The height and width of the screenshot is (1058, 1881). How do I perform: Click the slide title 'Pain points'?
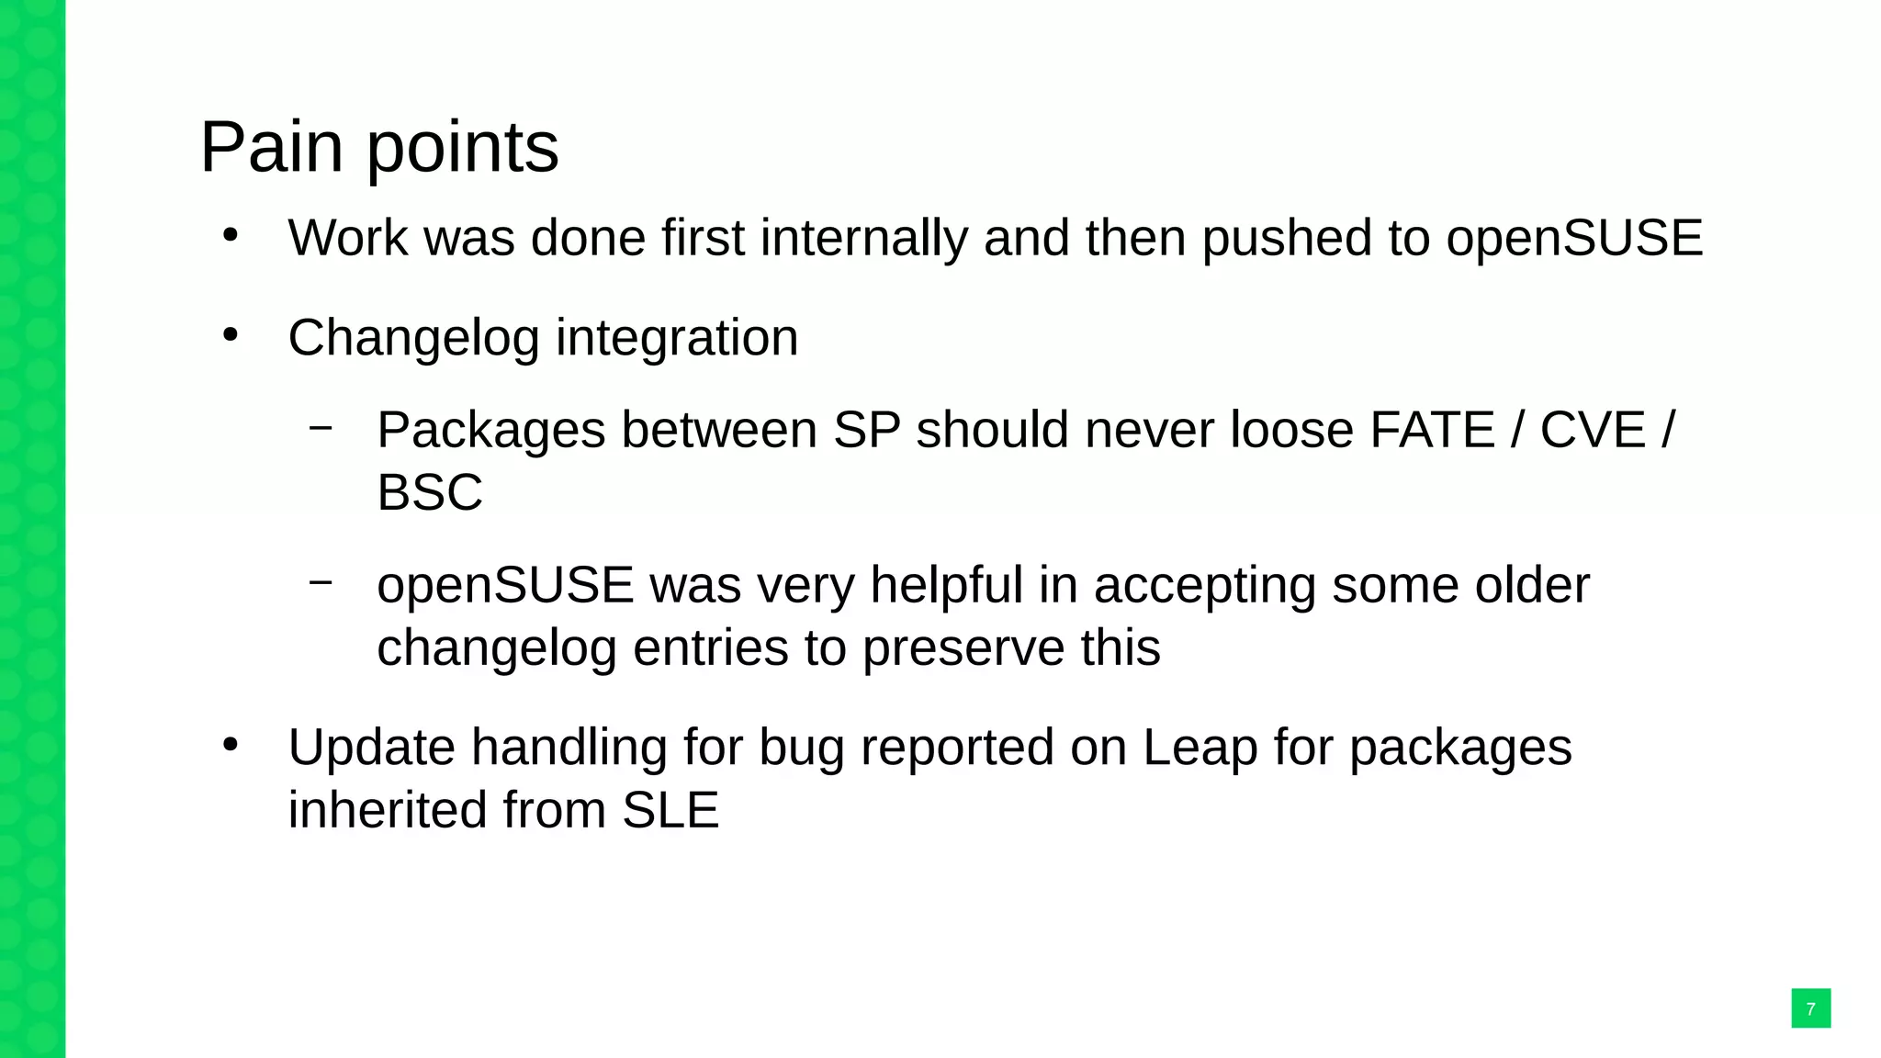(378, 147)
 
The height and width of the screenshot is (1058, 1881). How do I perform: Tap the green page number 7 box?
(1810, 1008)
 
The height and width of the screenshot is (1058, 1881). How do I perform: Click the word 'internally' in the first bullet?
(863, 238)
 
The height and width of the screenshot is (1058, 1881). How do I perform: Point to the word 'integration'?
(677, 338)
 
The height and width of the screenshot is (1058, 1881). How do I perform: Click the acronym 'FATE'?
(1432, 430)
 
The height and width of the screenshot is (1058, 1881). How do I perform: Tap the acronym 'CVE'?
(1592, 430)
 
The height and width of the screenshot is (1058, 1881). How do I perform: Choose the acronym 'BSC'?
(429, 492)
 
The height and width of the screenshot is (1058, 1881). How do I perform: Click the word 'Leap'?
(1200, 748)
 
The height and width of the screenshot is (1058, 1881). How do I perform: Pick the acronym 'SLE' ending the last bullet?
(670, 810)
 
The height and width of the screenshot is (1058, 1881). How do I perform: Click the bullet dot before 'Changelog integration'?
(231, 335)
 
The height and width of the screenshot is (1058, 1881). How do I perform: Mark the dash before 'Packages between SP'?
(321, 427)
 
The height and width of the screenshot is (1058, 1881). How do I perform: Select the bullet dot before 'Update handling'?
(231, 745)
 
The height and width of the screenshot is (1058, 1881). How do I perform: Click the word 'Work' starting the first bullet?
(347, 238)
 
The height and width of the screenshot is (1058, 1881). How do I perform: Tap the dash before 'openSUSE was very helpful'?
(321, 582)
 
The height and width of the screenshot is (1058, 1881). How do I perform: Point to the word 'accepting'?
(1204, 587)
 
